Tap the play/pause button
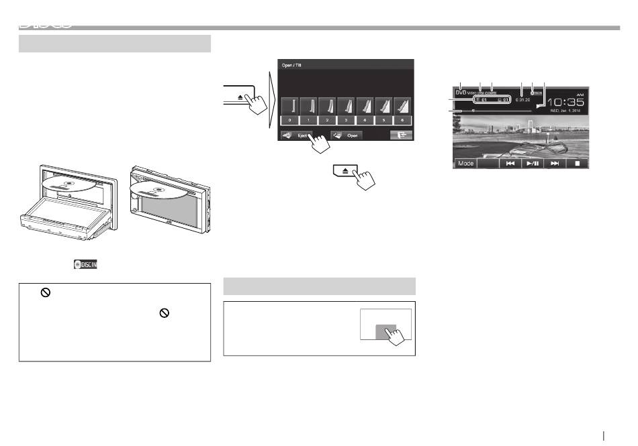tap(533, 163)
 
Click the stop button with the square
tap(577, 163)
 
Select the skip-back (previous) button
tap(510, 163)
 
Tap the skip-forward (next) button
tap(555, 163)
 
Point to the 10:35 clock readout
tap(563, 101)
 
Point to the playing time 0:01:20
tap(522, 99)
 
